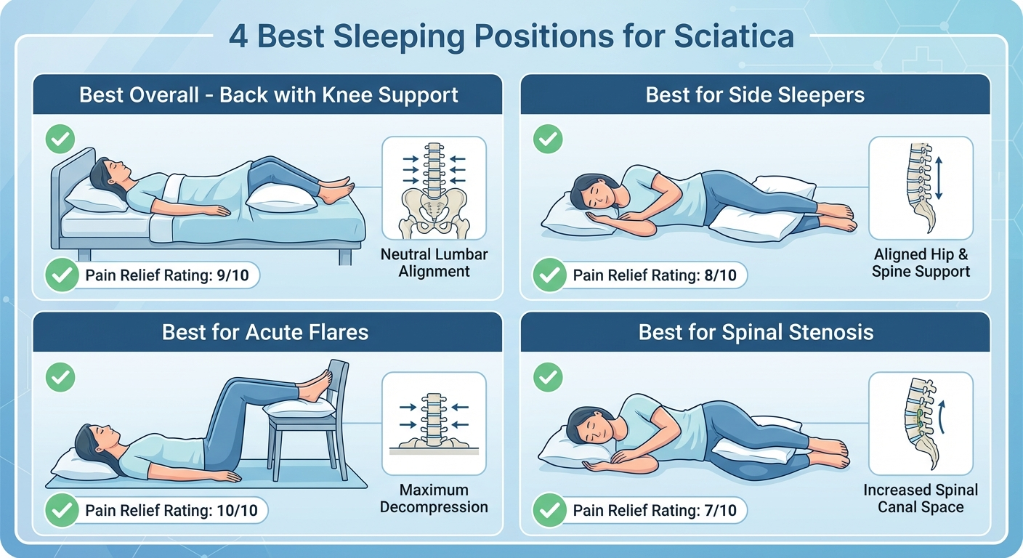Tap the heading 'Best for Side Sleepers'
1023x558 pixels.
[755, 95]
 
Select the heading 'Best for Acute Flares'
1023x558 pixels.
[265, 333]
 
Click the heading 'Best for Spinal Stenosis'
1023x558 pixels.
[756, 333]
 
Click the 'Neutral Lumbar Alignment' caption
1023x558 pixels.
[434, 263]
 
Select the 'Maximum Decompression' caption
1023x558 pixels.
[434, 498]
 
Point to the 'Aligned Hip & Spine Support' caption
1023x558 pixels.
[921, 263]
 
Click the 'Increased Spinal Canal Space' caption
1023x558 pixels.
[921, 498]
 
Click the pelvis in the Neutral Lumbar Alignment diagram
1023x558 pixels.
[434, 211]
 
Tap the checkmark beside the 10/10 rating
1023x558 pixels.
[62, 511]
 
